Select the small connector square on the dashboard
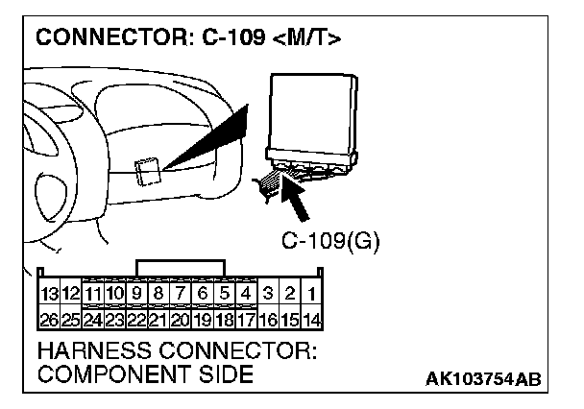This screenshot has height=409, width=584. (x=148, y=172)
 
